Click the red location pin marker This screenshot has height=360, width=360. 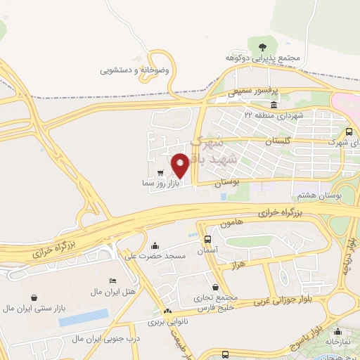tap(180, 165)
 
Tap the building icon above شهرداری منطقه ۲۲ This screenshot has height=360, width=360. tap(273, 105)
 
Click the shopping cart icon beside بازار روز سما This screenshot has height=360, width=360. tap(161, 172)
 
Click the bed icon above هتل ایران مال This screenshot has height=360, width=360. tap(114, 281)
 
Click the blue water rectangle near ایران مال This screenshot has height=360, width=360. tap(84, 317)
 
